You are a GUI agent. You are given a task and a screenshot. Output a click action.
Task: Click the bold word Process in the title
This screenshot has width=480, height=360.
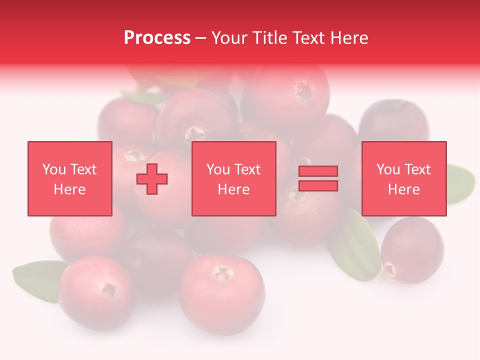click(157, 38)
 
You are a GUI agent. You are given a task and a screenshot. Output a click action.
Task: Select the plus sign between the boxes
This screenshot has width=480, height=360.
click(152, 178)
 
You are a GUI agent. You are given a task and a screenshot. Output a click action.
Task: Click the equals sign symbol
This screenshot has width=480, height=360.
click(318, 178)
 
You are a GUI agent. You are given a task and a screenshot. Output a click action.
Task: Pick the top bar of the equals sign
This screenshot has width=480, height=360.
click(318, 171)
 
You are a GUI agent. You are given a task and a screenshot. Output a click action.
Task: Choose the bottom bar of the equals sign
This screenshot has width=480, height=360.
click(318, 185)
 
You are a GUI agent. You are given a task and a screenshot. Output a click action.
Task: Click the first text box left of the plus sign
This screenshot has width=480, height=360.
click(70, 178)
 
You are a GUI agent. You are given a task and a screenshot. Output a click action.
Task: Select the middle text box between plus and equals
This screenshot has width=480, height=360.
click(234, 178)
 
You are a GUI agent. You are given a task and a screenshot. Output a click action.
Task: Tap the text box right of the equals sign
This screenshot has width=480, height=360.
click(404, 178)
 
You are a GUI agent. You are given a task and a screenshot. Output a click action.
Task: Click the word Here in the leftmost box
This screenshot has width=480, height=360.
click(70, 189)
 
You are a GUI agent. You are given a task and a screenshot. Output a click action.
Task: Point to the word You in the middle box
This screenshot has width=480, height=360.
click(218, 169)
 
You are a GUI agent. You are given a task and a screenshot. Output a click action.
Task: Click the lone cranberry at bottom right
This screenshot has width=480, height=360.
click(412, 250)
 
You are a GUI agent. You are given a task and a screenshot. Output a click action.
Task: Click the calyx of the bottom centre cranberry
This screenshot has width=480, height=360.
click(223, 273)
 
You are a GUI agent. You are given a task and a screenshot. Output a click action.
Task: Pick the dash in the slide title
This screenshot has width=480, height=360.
click(201, 38)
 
